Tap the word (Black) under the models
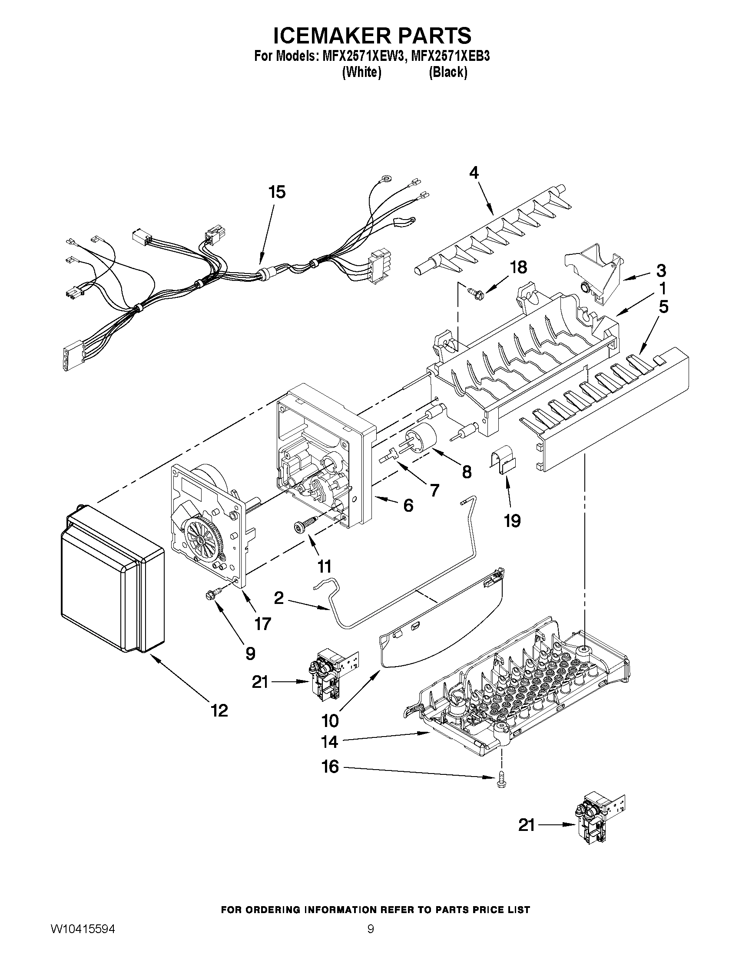click(447, 72)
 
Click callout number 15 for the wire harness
click(277, 192)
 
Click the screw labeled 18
click(474, 290)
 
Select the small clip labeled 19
click(501, 463)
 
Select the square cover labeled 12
click(112, 583)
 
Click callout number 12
click(219, 710)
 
